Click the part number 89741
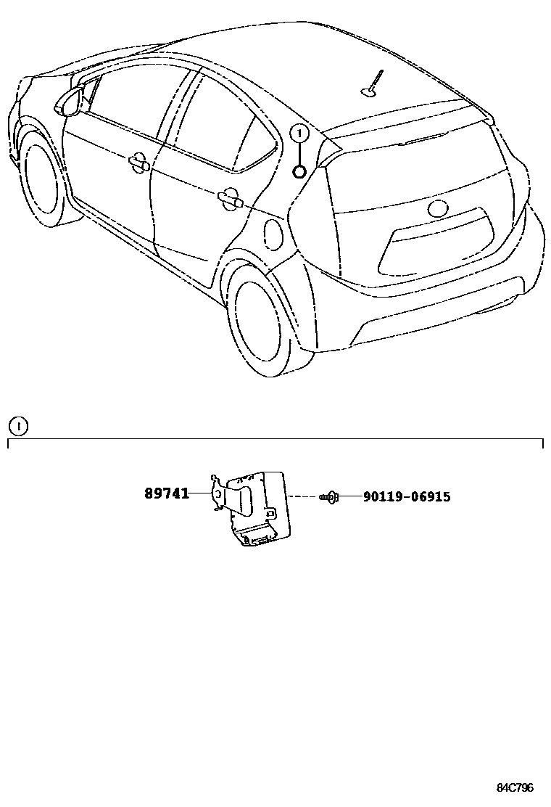pyautogui.click(x=166, y=493)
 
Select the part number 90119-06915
pyautogui.click(x=406, y=497)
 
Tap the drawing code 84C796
pyautogui.click(x=515, y=787)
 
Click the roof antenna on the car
pyautogui.click(x=373, y=83)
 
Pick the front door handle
pyautogui.click(x=138, y=163)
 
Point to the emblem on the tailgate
pyautogui.click(x=439, y=209)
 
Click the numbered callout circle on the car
pyautogui.click(x=299, y=134)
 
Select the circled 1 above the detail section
pyautogui.click(x=17, y=426)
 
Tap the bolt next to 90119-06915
pyautogui.click(x=330, y=497)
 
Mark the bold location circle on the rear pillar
pyautogui.click(x=299, y=172)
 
